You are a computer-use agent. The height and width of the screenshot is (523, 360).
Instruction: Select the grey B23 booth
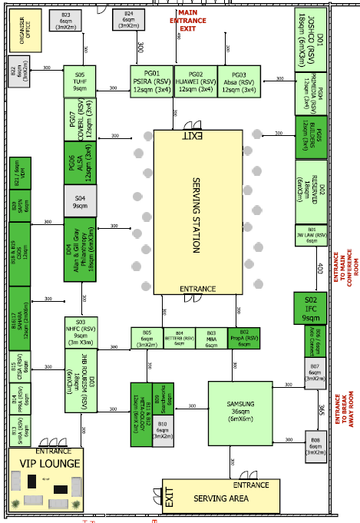65,21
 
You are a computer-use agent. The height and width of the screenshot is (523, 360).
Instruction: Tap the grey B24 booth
129,21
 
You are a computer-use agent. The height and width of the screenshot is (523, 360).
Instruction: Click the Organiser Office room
23,30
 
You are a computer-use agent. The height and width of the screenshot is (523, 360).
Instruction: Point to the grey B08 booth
315,445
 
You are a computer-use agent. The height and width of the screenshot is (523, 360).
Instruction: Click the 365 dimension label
322,408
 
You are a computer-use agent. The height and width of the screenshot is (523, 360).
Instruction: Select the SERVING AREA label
221,499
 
